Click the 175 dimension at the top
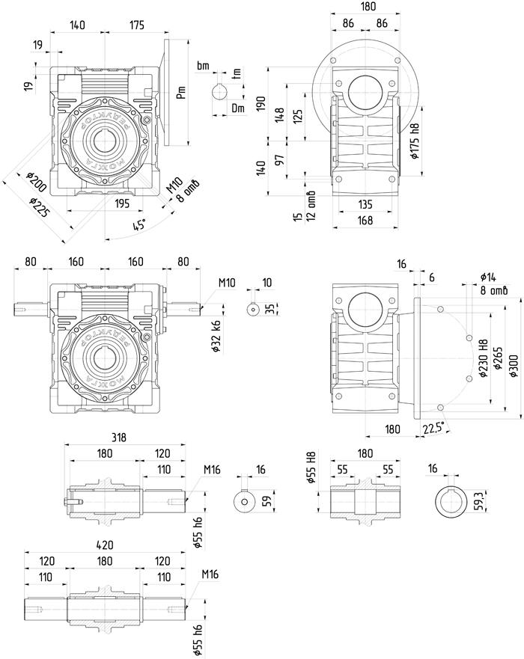pyautogui.click(x=135, y=25)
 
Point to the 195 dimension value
pyautogui.click(x=122, y=203)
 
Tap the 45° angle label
pyautogui.click(x=138, y=223)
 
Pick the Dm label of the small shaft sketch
pyautogui.click(x=238, y=108)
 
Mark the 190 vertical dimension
pyautogui.click(x=261, y=103)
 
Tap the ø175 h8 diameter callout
pyautogui.click(x=414, y=138)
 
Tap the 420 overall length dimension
pyautogui.click(x=105, y=545)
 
